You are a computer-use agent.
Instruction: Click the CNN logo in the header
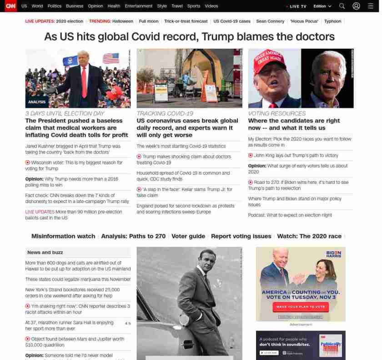pos(10,6)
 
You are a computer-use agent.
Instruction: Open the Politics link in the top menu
pos(54,6)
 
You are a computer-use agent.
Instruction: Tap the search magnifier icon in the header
pos(342,6)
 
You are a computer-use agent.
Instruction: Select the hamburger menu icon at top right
pos(370,6)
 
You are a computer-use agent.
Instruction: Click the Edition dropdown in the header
pos(322,6)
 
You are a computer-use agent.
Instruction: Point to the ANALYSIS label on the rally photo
pos(37,102)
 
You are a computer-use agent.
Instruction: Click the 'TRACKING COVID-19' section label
pos(165,113)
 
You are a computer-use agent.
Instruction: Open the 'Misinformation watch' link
pos(63,236)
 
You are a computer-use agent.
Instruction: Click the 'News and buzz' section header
pos(45,252)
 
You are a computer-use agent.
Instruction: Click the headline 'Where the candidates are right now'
pos(294,124)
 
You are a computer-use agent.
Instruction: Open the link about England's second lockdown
pos(186,209)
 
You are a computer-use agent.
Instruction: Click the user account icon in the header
pos(357,6)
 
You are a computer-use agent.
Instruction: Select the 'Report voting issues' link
pos(241,236)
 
